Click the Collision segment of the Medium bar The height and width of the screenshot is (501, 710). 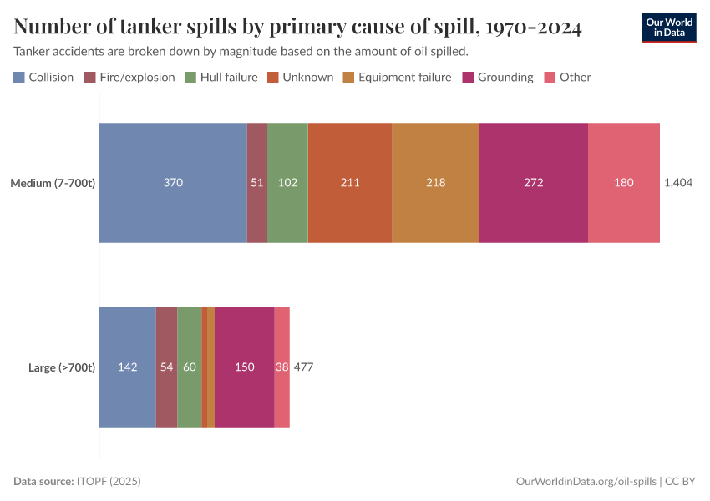173,183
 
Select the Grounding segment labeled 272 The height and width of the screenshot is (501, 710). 533,183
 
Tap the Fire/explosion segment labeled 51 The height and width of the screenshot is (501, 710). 257,183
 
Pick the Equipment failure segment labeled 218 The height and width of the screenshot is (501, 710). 435,183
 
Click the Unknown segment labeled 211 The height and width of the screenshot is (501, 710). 350,183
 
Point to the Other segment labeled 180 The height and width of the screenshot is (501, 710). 623,183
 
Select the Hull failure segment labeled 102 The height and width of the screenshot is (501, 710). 287,183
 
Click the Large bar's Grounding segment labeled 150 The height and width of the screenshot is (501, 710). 244,367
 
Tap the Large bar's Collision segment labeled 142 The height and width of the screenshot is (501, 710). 128,367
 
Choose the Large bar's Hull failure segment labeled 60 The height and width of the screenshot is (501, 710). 190,367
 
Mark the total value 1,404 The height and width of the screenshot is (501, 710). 678,183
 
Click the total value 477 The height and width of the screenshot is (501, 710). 303,367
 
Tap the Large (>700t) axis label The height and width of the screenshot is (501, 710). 62,367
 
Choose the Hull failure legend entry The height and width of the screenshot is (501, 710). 221,78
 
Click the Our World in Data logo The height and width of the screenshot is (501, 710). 668,28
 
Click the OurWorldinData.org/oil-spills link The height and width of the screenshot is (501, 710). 586,482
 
